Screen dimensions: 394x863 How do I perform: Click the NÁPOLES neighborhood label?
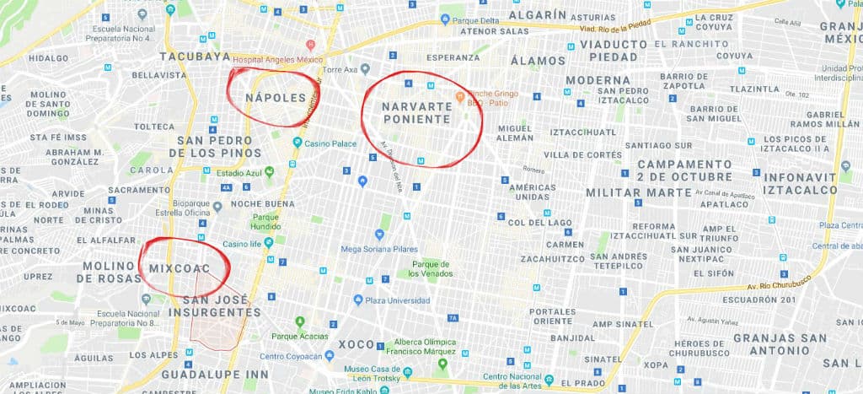pos(276,99)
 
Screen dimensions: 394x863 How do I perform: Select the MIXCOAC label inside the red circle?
pos(179,268)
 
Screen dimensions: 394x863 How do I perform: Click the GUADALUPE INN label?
pos(204,373)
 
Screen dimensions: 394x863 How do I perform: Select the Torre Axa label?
pos(341,70)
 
